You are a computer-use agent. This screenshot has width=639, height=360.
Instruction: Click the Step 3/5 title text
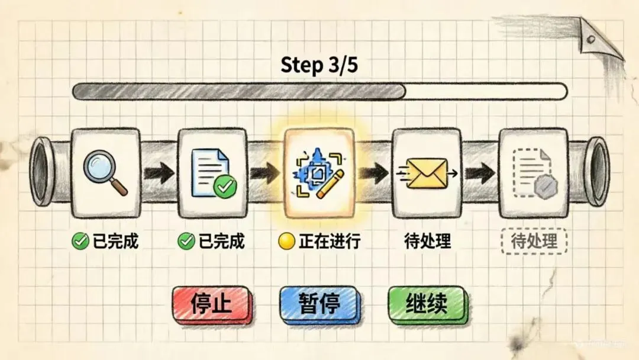319,65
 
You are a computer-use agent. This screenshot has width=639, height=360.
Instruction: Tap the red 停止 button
211,304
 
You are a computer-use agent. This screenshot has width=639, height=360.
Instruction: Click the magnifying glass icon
105,172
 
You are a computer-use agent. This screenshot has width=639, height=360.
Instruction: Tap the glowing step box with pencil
319,173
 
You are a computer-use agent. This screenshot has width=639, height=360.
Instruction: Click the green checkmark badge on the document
225,187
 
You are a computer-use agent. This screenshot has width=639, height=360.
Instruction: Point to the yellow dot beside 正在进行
286,241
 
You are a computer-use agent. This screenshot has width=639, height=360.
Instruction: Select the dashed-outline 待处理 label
534,242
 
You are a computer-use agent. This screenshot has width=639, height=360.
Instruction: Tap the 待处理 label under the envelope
428,242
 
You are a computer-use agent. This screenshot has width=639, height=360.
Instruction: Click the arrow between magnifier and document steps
159,173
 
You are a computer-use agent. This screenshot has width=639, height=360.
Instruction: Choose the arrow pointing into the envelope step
373,173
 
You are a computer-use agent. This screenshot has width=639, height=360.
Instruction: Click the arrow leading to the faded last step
479,173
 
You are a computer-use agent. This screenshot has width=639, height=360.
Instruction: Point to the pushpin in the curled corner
590,40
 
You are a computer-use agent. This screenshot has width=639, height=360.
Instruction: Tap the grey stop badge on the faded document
544,187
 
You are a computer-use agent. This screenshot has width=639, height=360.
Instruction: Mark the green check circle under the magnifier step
79,241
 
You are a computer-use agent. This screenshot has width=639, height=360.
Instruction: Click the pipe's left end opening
42,172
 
